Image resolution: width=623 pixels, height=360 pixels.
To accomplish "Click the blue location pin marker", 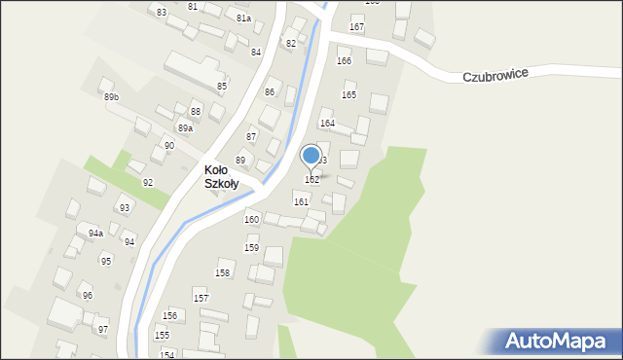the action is pyautogui.click(x=311, y=156).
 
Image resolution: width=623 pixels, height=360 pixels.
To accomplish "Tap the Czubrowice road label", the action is pyautogui.click(x=495, y=76).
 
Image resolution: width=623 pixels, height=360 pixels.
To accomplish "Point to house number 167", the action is pyautogui.click(x=357, y=26).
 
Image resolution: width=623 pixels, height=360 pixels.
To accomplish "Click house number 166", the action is pyautogui.click(x=344, y=61).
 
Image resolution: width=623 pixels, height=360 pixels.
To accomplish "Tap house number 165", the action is pyautogui.click(x=348, y=94).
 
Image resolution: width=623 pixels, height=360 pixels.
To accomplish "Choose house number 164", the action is pyautogui.click(x=327, y=124).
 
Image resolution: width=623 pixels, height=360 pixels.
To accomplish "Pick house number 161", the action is pyautogui.click(x=302, y=201).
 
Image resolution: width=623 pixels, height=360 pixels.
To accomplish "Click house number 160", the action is pyautogui.click(x=251, y=220).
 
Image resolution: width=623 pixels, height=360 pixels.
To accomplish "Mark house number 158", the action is pyautogui.click(x=222, y=273).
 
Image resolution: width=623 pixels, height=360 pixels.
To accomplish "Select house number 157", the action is pyautogui.click(x=201, y=298).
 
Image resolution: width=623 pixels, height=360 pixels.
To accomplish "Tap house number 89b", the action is pyautogui.click(x=111, y=97).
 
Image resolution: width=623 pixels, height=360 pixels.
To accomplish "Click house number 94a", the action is pyautogui.click(x=95, y=234).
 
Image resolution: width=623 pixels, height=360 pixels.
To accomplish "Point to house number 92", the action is pyautogui.click(x=148, y=183).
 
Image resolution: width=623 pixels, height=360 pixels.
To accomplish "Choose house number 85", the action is pyautogui.click(x=222, y=87).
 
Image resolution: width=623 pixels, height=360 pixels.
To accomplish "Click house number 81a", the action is pyautogui.click(x=243, y=18).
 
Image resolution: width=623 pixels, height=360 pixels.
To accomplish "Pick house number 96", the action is pyautogui.click(x=87, y=296).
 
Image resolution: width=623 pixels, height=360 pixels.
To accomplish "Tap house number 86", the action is pyautogui.click(x=270, y=92).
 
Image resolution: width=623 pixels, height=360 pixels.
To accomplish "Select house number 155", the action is pyautogui.click(x=162, y=336).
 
